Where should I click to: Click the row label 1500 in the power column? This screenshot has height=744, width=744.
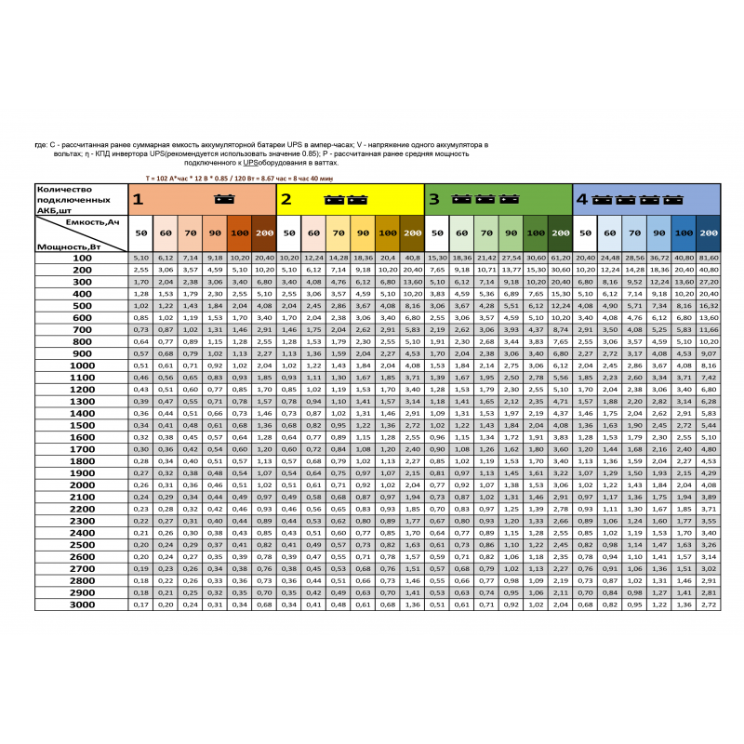[82, 424]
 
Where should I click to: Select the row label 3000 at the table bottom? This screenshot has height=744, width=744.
[82, 604]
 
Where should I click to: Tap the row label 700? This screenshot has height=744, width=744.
[82, 328]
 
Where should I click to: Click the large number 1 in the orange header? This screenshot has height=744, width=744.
[137, 199]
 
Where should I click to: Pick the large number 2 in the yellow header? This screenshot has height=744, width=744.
[286, 199]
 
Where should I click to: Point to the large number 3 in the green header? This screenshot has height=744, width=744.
[433, 199]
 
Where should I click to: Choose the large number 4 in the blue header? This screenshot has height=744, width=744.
[581, 199]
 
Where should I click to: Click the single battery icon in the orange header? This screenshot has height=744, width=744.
[223, 199]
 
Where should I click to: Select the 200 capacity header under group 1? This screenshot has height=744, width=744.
[263, 232]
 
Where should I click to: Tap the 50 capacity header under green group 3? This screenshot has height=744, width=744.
[437, 232]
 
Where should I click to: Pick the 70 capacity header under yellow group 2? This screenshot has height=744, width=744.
[339, 232]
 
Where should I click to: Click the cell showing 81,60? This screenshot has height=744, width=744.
[708, 257]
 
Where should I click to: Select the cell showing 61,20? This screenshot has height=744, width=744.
[560, 257]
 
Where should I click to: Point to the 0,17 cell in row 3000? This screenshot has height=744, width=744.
[140, 604]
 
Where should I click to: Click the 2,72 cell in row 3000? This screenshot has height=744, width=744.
[708, 604]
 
